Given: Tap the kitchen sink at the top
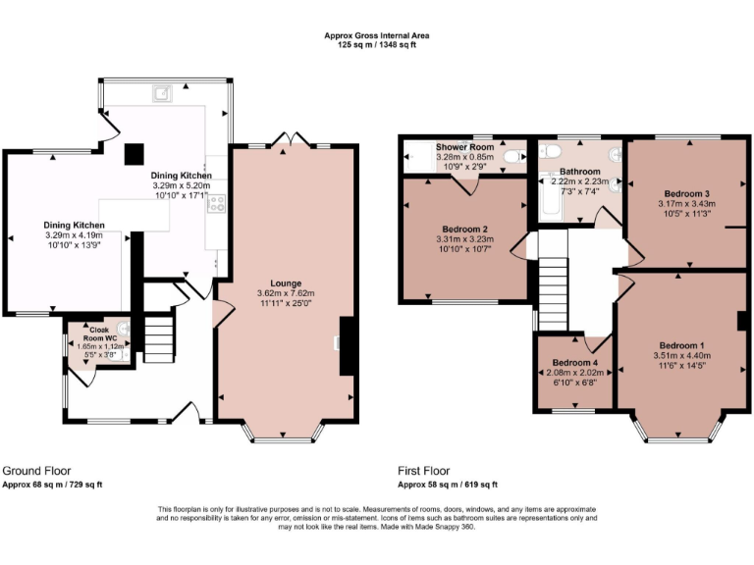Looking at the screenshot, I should (x=162, y=94).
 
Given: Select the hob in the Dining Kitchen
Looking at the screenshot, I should (x=215, y=205).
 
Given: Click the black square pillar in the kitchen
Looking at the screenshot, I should (x=134, y=153).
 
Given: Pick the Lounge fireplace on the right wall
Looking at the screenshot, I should (x=346, y=345).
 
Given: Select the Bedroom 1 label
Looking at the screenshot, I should (x=681, y=345).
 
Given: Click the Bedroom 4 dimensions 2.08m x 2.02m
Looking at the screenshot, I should (x=574, y=373).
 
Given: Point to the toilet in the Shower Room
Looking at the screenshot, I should (x=512, y=156).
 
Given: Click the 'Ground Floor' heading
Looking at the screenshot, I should (x=36, y=471).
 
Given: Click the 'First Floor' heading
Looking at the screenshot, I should (x=427, y=471).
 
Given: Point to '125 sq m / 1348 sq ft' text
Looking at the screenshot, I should (x=377, y=43).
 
